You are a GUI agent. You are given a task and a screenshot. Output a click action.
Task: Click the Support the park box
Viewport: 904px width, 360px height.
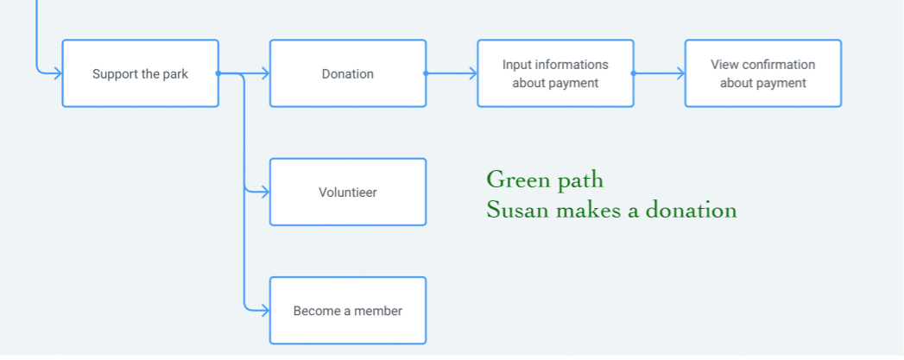[140, 73]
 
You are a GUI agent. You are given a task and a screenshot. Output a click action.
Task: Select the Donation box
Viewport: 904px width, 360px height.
[348, 73]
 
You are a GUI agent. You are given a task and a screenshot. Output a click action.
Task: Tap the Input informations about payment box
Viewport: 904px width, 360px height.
[555, 73]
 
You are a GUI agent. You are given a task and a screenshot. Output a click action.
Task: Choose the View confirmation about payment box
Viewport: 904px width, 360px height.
[762, 73]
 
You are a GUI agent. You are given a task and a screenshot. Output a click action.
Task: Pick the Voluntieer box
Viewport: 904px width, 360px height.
[348, 192]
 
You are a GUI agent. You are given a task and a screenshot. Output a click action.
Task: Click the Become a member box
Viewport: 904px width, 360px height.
[348, 311]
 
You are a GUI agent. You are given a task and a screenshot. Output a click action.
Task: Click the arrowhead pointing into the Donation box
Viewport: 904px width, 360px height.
[265, 73]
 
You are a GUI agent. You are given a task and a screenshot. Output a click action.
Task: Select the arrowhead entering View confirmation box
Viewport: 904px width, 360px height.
[680, 73]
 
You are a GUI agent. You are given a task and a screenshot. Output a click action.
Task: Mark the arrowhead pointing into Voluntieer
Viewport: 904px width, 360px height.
[265, 192]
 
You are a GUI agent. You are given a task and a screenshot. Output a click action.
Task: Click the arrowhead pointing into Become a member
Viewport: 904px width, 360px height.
[265, 311]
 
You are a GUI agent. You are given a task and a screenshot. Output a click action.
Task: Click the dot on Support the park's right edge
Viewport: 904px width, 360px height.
[218, 73]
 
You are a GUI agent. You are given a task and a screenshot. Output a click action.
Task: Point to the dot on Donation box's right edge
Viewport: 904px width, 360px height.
[426, 73]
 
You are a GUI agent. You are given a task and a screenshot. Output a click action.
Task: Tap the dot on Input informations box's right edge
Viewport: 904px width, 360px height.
[633, 73]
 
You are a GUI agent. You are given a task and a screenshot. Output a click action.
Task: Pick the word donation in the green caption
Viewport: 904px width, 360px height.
[691, 210]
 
